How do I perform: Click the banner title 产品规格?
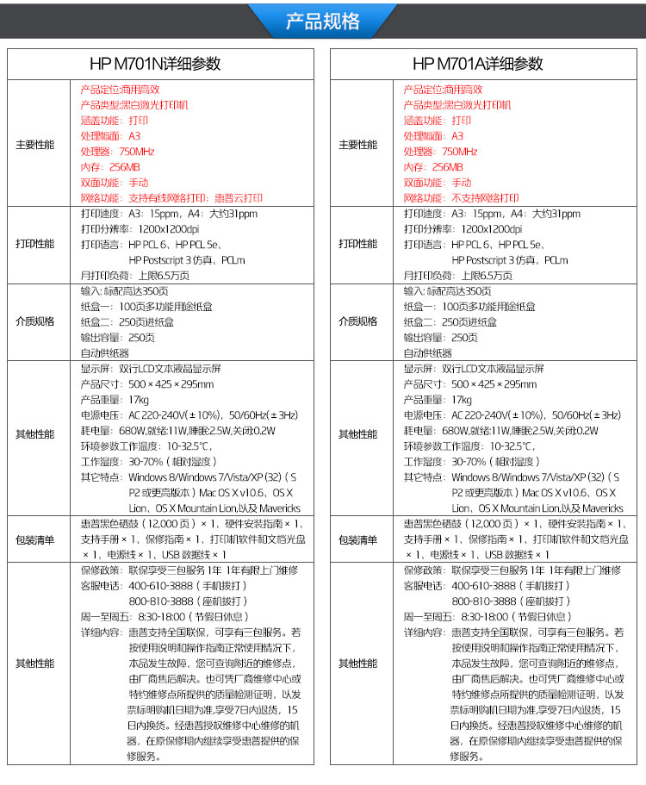(322, 22)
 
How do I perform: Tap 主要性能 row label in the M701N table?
(34, 144)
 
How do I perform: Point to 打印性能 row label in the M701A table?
(357, 244)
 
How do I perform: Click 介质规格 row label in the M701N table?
(34, 321)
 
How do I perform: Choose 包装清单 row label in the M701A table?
(357, 539)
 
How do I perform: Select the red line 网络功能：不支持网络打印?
(461, 198)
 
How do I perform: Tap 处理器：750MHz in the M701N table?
(117, 152)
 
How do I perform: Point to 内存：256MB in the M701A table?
(433, 167)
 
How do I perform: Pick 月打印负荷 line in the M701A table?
(457, 276)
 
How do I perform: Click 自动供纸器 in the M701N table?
(104, 353)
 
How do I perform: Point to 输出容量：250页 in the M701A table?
(440, 338)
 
